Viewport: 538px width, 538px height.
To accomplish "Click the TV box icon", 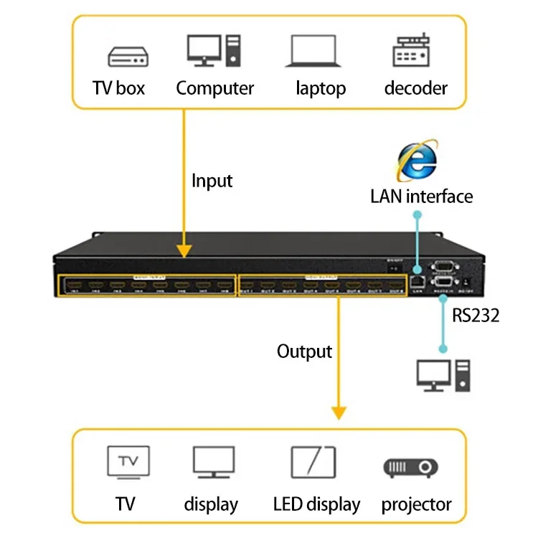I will click(128, 56).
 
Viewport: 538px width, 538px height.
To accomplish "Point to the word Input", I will click(212, 181).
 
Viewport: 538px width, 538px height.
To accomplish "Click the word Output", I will click(304, 351).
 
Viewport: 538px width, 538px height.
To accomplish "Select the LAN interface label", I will click(422, 196).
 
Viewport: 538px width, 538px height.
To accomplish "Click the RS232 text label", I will click(476, 315).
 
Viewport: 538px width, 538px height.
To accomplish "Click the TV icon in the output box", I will click(128, 461).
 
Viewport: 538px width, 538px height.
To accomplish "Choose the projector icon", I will click(410, 467).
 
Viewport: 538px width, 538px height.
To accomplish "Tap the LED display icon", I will click(313, 461).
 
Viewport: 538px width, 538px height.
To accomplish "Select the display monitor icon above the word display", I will click(213, 463).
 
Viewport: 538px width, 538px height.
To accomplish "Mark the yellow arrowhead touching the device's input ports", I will click(184, 250).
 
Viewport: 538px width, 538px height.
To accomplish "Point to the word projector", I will click(416, 504).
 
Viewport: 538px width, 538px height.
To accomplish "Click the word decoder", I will click(415, 88).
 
